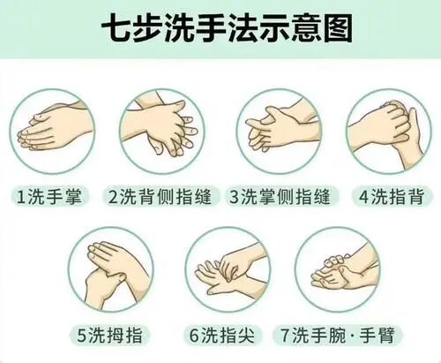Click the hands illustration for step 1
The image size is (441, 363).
point(52,132)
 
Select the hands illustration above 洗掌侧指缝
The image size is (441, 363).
point(276,132)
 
